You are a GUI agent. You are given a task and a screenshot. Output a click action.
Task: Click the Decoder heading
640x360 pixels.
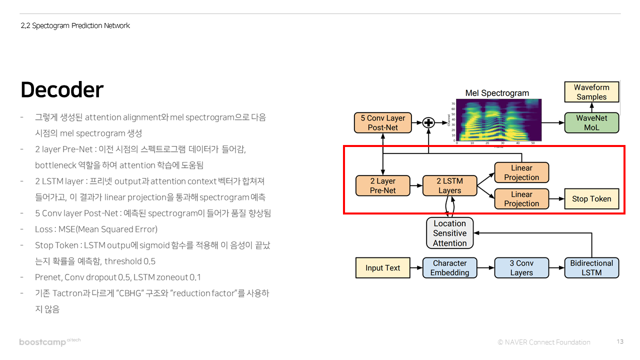(x=62, y=90)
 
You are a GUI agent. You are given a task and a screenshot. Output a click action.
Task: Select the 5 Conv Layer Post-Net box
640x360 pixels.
(x=382, y=123)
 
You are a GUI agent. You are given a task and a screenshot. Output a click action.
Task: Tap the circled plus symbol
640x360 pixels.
(x=428, y=122)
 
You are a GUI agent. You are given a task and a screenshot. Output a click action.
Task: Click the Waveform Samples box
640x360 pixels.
(x=591, y=92)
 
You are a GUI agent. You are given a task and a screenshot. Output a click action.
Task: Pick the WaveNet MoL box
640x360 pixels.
(x=591, y=122)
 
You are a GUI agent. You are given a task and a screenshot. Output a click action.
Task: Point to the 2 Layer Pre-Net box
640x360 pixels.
(x=382, y=185)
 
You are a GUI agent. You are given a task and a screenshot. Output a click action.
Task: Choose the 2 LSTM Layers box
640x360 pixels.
(x=449, y=185)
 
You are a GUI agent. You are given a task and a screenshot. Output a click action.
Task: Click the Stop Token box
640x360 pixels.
(x=591, y=198)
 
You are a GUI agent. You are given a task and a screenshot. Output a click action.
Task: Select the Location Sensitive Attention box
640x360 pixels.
(x=449, y=233)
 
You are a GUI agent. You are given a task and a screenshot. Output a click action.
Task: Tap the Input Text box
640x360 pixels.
(x=382, y=268)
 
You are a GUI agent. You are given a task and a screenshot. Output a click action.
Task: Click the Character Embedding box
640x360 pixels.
(x=449, y=268)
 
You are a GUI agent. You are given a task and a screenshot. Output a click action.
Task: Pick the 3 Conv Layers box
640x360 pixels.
(x=521, y=268)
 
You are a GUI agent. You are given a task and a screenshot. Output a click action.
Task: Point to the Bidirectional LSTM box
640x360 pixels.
(x=591, y=268)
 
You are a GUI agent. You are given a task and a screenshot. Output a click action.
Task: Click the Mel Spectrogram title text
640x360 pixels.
(x=496, y=93)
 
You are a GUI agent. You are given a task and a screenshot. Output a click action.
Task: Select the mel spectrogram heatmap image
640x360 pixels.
(x=499, y=120)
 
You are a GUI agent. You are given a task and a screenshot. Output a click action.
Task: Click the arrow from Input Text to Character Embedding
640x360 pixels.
(x=416, y=268)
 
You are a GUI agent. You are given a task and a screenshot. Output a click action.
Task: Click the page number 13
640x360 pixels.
(x=620, y=342)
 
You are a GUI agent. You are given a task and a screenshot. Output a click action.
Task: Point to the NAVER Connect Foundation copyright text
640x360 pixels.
(x=544, y=342)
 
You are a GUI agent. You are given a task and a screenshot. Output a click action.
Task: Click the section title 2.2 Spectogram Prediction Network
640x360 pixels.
(x=75, y=25)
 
